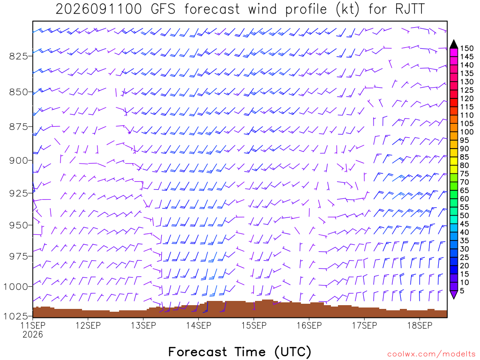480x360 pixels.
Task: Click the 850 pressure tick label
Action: pyautogui.click(x=18, y=92)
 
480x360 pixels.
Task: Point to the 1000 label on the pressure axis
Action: pyautogui.click(x=15, y=287)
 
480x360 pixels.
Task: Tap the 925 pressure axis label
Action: pyautogui.click(x=18, y=194)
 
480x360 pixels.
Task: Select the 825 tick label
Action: pyautogui.click(x=18, y=56)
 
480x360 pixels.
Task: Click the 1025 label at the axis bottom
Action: pyautogui.click(x=15, y=316)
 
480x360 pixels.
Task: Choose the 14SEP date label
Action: pyautogui.click(x=199, y=325)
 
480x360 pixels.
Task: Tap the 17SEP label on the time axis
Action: pyautogui.click(x=364, y=325)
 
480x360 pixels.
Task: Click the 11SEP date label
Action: pyautogui.click(x=33, y=325)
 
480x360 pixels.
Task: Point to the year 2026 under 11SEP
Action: pyautogui.click(x=33, y=335)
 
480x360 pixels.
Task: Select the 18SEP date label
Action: pyautogui.click(x=420, y=325)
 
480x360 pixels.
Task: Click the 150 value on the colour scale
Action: pyautogui.click(x=467, y=48)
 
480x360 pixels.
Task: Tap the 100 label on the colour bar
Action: pyautogui.click(x=467, y=132)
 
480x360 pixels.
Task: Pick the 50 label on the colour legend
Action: pyautogui.click(x=465, y=216)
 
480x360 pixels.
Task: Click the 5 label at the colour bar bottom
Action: pyautogui.click(x=462, y=291)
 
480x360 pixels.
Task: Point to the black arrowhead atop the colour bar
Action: pyautogui.click(x=454, y=45)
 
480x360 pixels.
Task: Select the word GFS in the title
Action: pyautogui.click(x=163, y=9)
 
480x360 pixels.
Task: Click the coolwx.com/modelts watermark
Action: pyautogui.click(x=431, y=354)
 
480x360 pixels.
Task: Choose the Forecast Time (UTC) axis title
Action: pyautogui.click(x=240, y=352)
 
